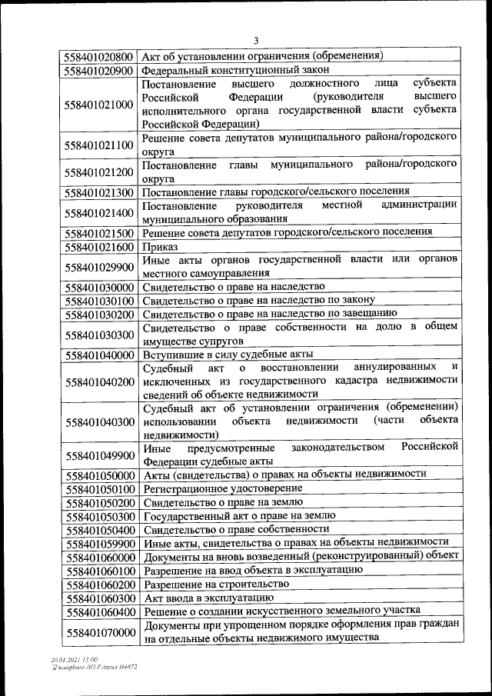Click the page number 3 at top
pyautogui.click(x=257, y=41)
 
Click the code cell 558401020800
pyautogui.click(x=100, y=56)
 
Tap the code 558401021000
pyautogui.click(x=100, y=104)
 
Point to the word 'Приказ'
pyautogui.click(x=160, y=246)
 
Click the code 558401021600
pyautogui.click(x=100, y=246)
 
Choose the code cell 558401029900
pyautogui.click(x=100, y=266)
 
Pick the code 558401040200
pyautogui.click(x=100, y=381)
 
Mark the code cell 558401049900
pyautogui.click(x=100, y=455)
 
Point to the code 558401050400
pyautogui.click(x=100, y=529)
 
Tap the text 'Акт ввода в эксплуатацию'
pyautogui.click(x=206, y=598)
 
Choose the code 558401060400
pyautogui.click(x=100, y=611)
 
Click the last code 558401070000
pyautogui.click(x=100, y=631)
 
